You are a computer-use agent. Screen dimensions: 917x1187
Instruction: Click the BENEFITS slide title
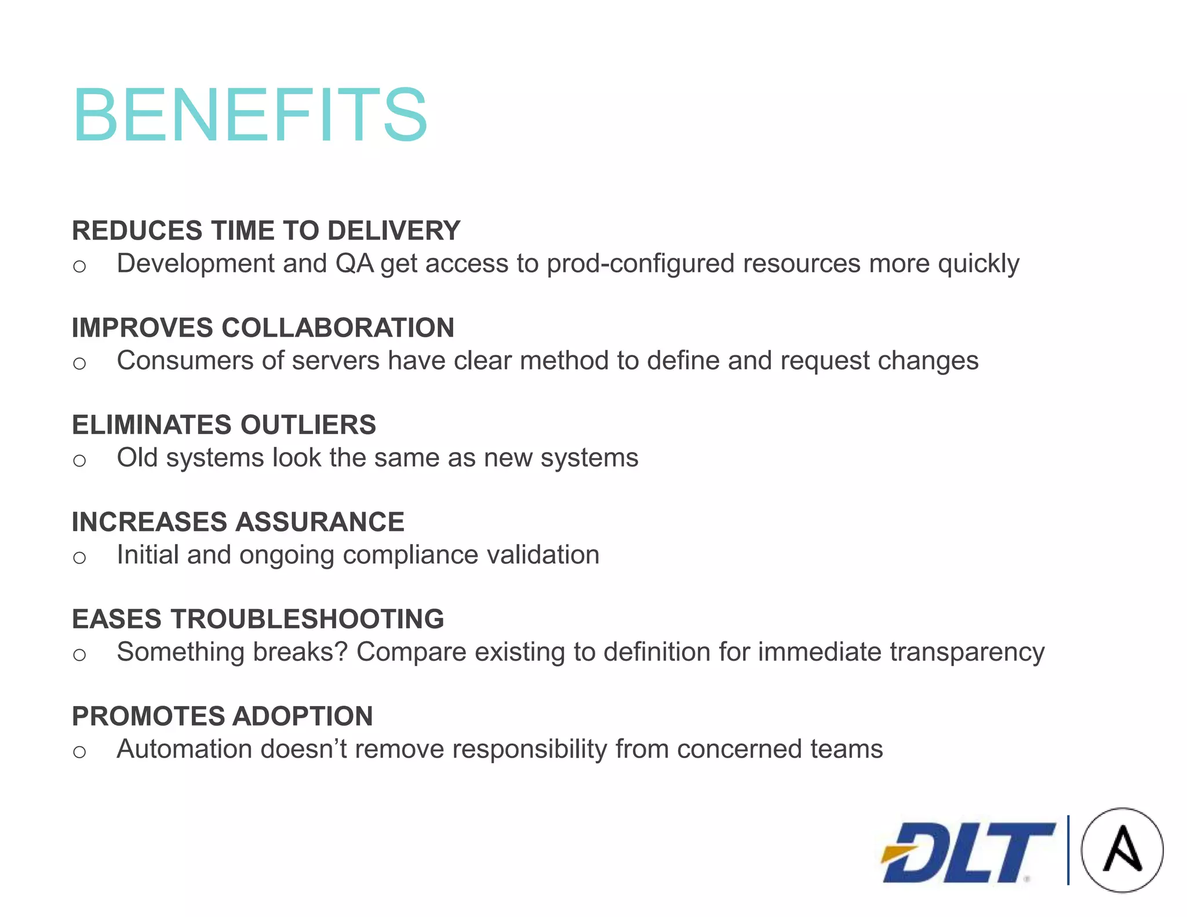[x=250, y=114]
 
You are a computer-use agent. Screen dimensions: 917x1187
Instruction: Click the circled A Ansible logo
[x=1122, y=850]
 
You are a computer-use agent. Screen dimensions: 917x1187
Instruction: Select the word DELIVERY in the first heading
[x=394, y=231]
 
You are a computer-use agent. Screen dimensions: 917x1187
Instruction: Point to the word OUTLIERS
[x=308, y=425]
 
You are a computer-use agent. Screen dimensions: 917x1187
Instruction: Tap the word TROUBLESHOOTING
[x=307, y=619]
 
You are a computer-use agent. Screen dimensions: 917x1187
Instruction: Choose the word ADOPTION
[x=301, y=716]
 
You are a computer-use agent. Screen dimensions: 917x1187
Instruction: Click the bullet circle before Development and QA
[x=79, y=267]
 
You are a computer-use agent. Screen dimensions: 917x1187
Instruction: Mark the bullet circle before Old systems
[x=79, y=461]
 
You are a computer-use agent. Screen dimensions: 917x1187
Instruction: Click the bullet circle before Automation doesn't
[x=79, y=752]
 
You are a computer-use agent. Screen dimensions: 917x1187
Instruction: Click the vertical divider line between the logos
[x=1068, y=850]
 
